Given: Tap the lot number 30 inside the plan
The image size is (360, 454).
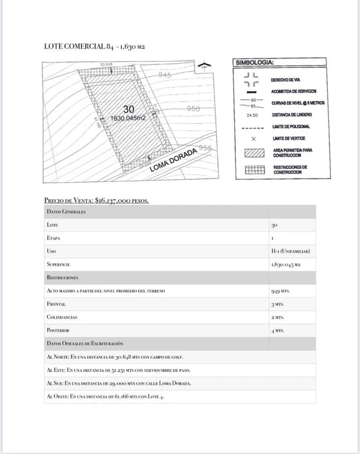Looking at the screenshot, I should click(128, 109).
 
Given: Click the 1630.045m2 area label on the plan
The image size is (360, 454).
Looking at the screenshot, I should click(128, 118).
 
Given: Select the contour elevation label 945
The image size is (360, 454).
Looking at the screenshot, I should click(164, 75).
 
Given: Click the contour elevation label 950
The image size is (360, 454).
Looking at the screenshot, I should click(193, 108).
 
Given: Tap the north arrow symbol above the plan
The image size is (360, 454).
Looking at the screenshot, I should click(204, 65).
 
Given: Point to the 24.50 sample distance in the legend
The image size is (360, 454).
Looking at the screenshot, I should click(252, 115).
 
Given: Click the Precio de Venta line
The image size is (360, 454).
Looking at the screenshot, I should click(96, 200).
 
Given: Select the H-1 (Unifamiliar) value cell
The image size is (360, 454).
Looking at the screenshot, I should click(290, 251).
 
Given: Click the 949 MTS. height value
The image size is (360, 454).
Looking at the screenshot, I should click(280, 291).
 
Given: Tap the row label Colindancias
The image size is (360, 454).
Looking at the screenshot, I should click(61, 317).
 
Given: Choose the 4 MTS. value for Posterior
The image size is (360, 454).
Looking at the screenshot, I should click(278, 330).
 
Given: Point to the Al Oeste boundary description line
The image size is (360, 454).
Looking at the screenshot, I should click(105, 396).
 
